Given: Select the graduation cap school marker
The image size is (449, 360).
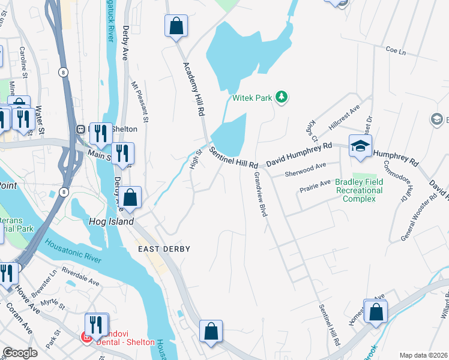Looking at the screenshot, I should pos(360,146).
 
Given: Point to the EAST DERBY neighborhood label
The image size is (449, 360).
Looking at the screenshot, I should pos(164,249).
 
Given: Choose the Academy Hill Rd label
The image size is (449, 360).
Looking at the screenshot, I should pos(195,89).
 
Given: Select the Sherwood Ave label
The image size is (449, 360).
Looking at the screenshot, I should pos(305,165).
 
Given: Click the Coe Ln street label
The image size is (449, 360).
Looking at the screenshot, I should pos(396,52).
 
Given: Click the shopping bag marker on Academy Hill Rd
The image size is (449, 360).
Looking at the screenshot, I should pos(176,26).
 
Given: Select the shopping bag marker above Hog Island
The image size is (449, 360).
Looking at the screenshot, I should pos(130,197).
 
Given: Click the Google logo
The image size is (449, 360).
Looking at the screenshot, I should pos(20,353).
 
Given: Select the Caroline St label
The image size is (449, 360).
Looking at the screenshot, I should pos(23,63).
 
